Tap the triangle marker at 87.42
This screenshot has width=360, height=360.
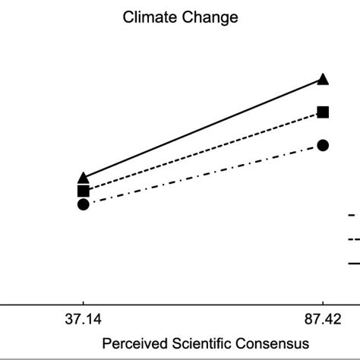tap(323, 79)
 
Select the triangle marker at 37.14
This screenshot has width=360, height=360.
tap(84, 178)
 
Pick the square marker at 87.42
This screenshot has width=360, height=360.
tap(323, 112)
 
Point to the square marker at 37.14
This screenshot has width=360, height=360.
tap(84, 191)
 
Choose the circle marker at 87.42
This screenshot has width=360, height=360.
tap(323, 145)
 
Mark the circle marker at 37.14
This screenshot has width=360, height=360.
tap(84, 204)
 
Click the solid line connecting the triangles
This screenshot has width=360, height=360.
tap(203, 128)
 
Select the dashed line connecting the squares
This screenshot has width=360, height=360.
tap(203, 151)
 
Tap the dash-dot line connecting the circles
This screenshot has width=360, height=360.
tap(203, 175)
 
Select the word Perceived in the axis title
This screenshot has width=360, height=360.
tap(130, 343)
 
